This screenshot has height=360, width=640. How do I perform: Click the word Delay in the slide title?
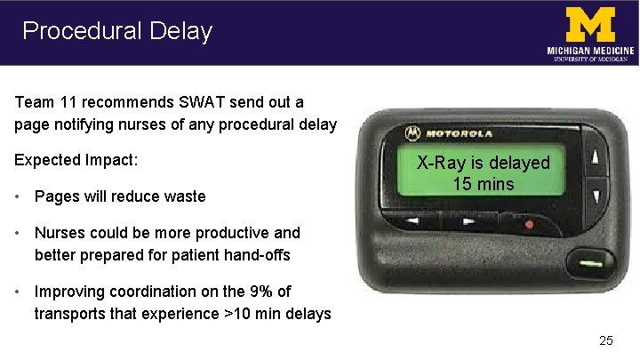pos(181,31)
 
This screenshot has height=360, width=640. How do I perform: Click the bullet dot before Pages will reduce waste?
pos(20,196)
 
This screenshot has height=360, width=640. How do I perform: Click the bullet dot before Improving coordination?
pos(20,292)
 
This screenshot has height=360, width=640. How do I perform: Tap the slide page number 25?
pos(606,340)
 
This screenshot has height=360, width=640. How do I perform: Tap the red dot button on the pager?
pos(529,224)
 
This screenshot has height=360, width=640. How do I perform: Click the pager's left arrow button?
pos(412,220)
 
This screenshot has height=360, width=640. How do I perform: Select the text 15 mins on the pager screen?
pos(484,184)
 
